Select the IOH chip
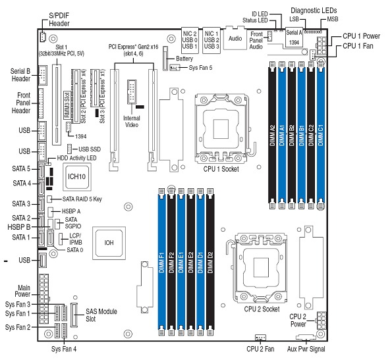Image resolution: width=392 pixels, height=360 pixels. [x=108, y=242]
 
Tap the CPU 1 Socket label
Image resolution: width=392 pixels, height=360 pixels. [x=221, y=169]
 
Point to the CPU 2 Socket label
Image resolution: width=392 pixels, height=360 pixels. [x=262, y=308]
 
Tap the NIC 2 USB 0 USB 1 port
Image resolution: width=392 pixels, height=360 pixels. [x=191, y=38]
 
